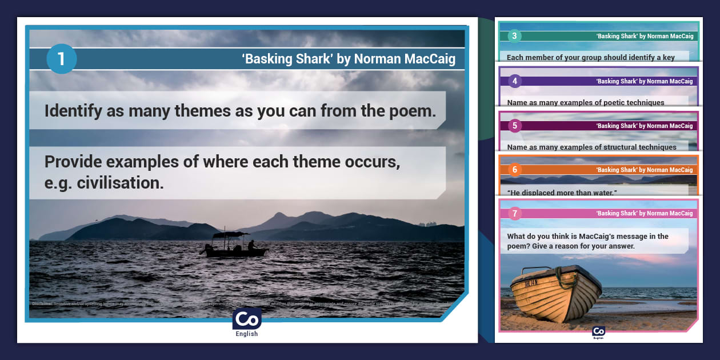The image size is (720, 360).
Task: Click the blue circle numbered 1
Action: pos(61,59)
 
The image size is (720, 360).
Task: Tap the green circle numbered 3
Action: pos(514,36)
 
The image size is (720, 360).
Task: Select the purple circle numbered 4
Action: pos(514,81)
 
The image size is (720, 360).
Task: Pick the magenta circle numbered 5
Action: pos(514,125)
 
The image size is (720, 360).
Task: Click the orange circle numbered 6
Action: pos(514,170)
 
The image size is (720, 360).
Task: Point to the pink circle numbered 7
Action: pos(514,214)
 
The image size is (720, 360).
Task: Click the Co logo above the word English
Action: pos(247,319)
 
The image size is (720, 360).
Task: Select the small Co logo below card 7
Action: pos(598,331)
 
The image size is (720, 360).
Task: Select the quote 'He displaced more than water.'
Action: pos(562,193)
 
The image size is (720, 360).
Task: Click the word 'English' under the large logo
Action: pos(247,334)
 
